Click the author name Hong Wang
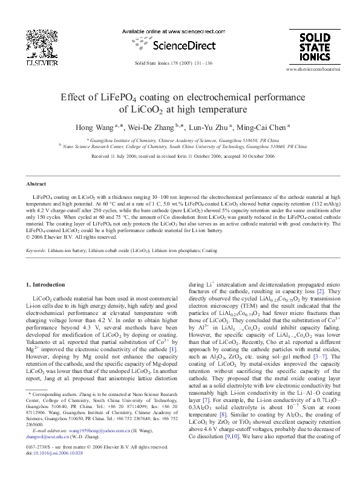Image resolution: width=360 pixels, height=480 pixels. click(x=92, y=128)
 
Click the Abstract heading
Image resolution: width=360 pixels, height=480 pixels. click(x=37, y=184)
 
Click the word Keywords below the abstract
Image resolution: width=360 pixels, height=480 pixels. click(x=38, y=250)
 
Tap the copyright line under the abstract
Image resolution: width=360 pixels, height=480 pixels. click(x=71, y=238)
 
